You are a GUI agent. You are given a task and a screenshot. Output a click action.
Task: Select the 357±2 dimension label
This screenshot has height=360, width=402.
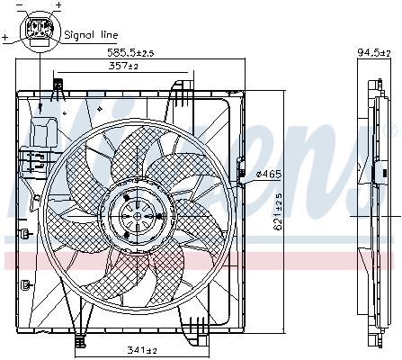tap(123, 67)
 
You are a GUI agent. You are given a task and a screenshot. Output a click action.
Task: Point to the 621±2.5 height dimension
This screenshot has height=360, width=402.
tap(280, 209)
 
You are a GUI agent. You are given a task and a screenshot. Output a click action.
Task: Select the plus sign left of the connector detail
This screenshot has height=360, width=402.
tap(6, 39)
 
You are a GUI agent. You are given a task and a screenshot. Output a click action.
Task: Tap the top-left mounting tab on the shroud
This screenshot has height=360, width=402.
tap(58, 88)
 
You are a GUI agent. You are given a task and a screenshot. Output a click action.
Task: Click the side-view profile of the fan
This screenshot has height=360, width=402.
tap(373, 211)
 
